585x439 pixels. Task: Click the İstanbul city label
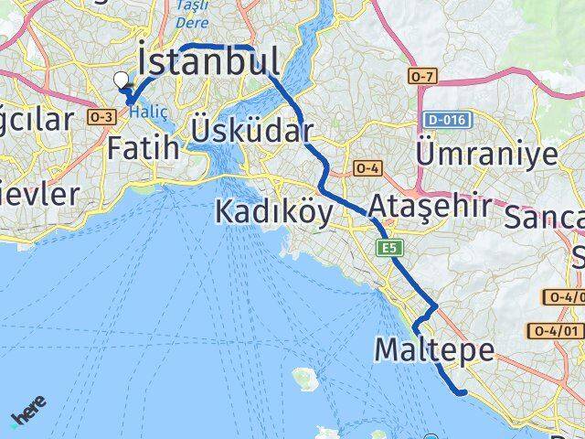tap(208, 61)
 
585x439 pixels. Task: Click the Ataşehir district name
tap(431, 203)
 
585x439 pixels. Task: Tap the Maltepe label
tap(434, 349)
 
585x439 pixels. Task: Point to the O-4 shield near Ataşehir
tap(367, 168)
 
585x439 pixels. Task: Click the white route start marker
tap(122, 80)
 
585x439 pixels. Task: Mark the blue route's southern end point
tap(464, 392)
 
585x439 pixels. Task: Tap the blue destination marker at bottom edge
tap(431, 436)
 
